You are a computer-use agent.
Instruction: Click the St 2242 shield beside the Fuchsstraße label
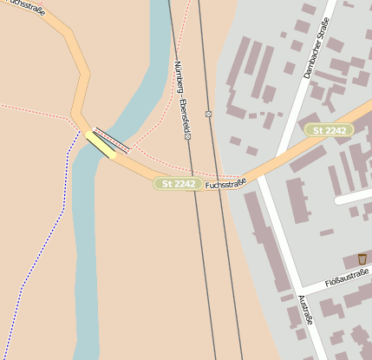(x=178, y=183)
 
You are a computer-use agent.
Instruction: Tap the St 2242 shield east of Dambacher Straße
(x=329, y=130)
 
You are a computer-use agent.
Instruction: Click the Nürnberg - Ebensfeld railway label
(x=181, y=100)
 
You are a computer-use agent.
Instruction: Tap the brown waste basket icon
(x=362, y=259)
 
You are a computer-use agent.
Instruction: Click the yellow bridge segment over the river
(x=101, y=145)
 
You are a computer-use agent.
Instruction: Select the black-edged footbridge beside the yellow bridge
(x=112, y=139)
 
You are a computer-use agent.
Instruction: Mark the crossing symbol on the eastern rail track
(x=209, y=114)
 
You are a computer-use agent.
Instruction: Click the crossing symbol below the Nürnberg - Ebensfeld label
(x=187, y=137)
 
